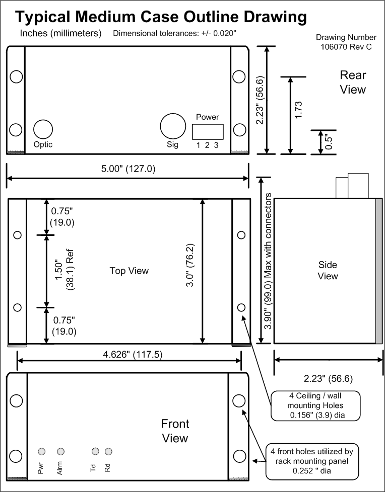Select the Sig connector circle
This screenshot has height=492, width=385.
(173, 126)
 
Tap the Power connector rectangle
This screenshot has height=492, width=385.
(208, 132)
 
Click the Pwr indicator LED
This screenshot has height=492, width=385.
(41, 451)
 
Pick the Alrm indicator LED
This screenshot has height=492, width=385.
(60, 451)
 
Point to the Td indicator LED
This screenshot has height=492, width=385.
(95, 451)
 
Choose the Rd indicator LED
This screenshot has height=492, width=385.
(108, 451)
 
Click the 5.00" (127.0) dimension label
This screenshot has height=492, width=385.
(128, 169)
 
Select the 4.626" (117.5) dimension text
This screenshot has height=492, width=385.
(133, 355)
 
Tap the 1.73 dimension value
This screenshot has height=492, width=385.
(298, 110)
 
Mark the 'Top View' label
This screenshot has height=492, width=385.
(129, 271)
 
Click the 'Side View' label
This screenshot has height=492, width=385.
(328, 271)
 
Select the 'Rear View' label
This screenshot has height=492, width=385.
(353, 82)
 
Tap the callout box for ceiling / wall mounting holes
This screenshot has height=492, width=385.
(315, 405)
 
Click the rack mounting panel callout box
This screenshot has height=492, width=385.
(312, 461)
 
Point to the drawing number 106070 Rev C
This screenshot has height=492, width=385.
(346, 42)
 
